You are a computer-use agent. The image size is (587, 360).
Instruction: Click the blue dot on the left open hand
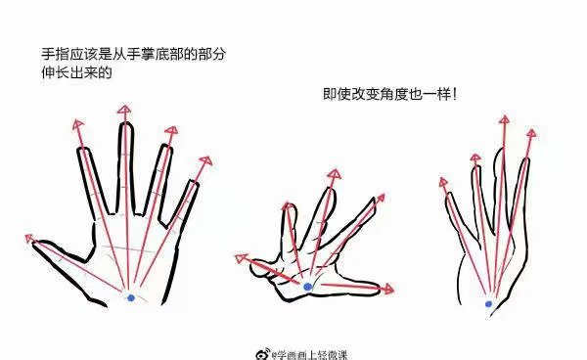pyautogui.click(x=131, y=296)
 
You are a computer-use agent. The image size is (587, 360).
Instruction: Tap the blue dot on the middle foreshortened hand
pyautogui.click(x=308, y=287)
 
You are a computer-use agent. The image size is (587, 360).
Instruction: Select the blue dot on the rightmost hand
pyautogui.click(x=489, y=304)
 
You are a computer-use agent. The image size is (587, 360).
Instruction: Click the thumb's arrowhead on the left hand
pyautogui.click(x=29, y=236)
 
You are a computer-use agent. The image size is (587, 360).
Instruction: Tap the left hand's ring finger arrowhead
pyautogui.click(x=171, y=129)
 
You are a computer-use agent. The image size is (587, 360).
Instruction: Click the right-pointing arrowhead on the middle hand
pyautogui.click(x=390, y=290)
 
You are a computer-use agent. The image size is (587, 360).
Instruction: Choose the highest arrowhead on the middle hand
pyautogui.click(x=334, y=174)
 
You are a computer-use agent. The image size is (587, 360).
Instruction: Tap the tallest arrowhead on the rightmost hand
pyautogui.click(x=505, y=120)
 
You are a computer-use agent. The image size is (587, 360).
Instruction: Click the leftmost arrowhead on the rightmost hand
pyautogui.click(x=445, y=181)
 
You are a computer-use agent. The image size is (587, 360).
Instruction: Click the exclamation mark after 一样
pyautogui.click(x=455, y=96)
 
